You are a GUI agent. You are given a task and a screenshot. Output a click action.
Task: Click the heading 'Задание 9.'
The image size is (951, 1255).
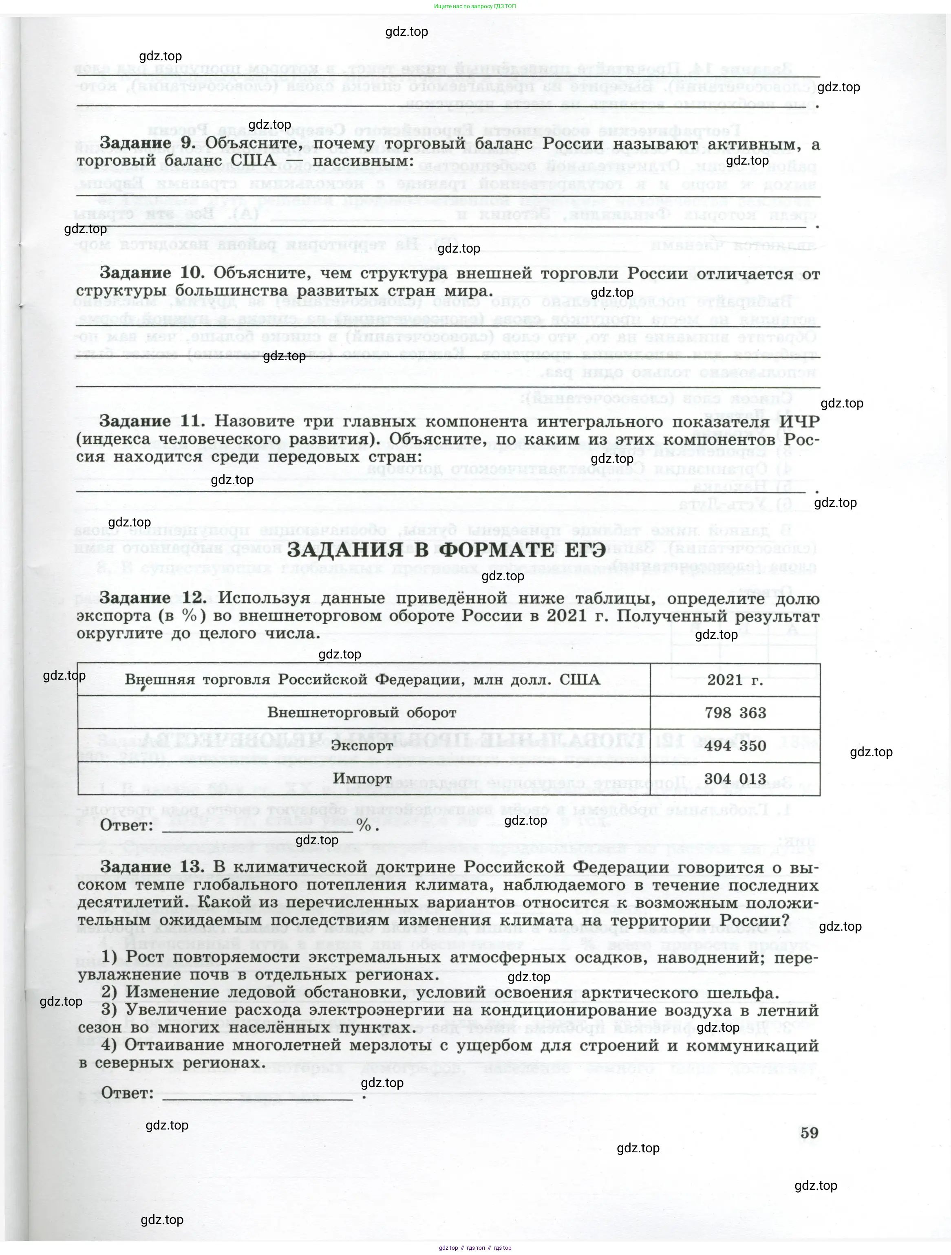pos(148,143)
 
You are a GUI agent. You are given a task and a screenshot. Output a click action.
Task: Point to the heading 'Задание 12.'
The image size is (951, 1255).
pos(152,598)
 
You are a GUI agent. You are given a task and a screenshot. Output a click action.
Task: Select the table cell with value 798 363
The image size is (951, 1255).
pos(735,713)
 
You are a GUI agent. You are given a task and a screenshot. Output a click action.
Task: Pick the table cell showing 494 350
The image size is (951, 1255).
pos(735,746)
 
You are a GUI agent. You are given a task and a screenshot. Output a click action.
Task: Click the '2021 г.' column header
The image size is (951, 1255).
pos(735,680)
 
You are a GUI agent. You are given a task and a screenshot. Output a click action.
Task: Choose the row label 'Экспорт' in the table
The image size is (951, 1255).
pos(362,746)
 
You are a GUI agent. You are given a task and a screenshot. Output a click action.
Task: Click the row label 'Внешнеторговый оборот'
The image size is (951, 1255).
pos(362,713)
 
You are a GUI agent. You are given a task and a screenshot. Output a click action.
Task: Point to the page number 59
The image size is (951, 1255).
pos(809,1132)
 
